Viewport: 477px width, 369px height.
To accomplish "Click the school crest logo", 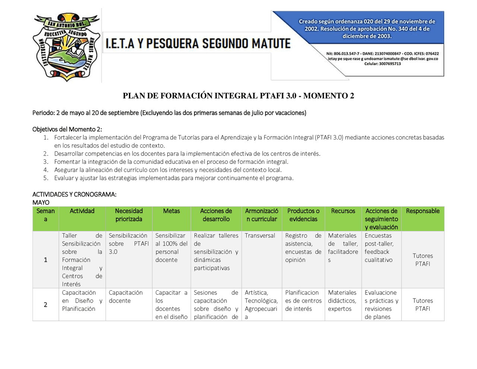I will click(x=66, y=47).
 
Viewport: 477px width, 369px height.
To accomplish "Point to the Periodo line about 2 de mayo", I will click(x=169, y=113).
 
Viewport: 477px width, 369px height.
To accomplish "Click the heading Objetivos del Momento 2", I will click(x=67, y=129).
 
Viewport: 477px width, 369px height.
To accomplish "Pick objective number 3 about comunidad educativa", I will click(x=171, y=162).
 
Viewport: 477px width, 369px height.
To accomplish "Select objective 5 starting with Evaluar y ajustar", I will click(x=174, y=178).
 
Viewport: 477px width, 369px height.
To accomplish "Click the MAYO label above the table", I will click(x=41, y=202).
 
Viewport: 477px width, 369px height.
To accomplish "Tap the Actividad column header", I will click(x=82, y=211).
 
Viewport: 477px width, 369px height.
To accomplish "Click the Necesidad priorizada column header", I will click(x=129, y=215).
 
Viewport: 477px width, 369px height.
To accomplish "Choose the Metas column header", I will click(x=171, y=211).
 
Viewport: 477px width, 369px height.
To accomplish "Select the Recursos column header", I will click(x=343, y=211).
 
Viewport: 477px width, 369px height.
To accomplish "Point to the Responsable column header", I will click(x=423, y=211).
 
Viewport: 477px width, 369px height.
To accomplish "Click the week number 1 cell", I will click(x=45, y=260).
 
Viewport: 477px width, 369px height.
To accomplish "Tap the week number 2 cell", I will click(x=45, y=304).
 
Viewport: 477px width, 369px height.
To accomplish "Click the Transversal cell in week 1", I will click(x=260, y=236).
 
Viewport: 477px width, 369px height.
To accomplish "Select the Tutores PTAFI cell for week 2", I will click(x=423, y=304).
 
